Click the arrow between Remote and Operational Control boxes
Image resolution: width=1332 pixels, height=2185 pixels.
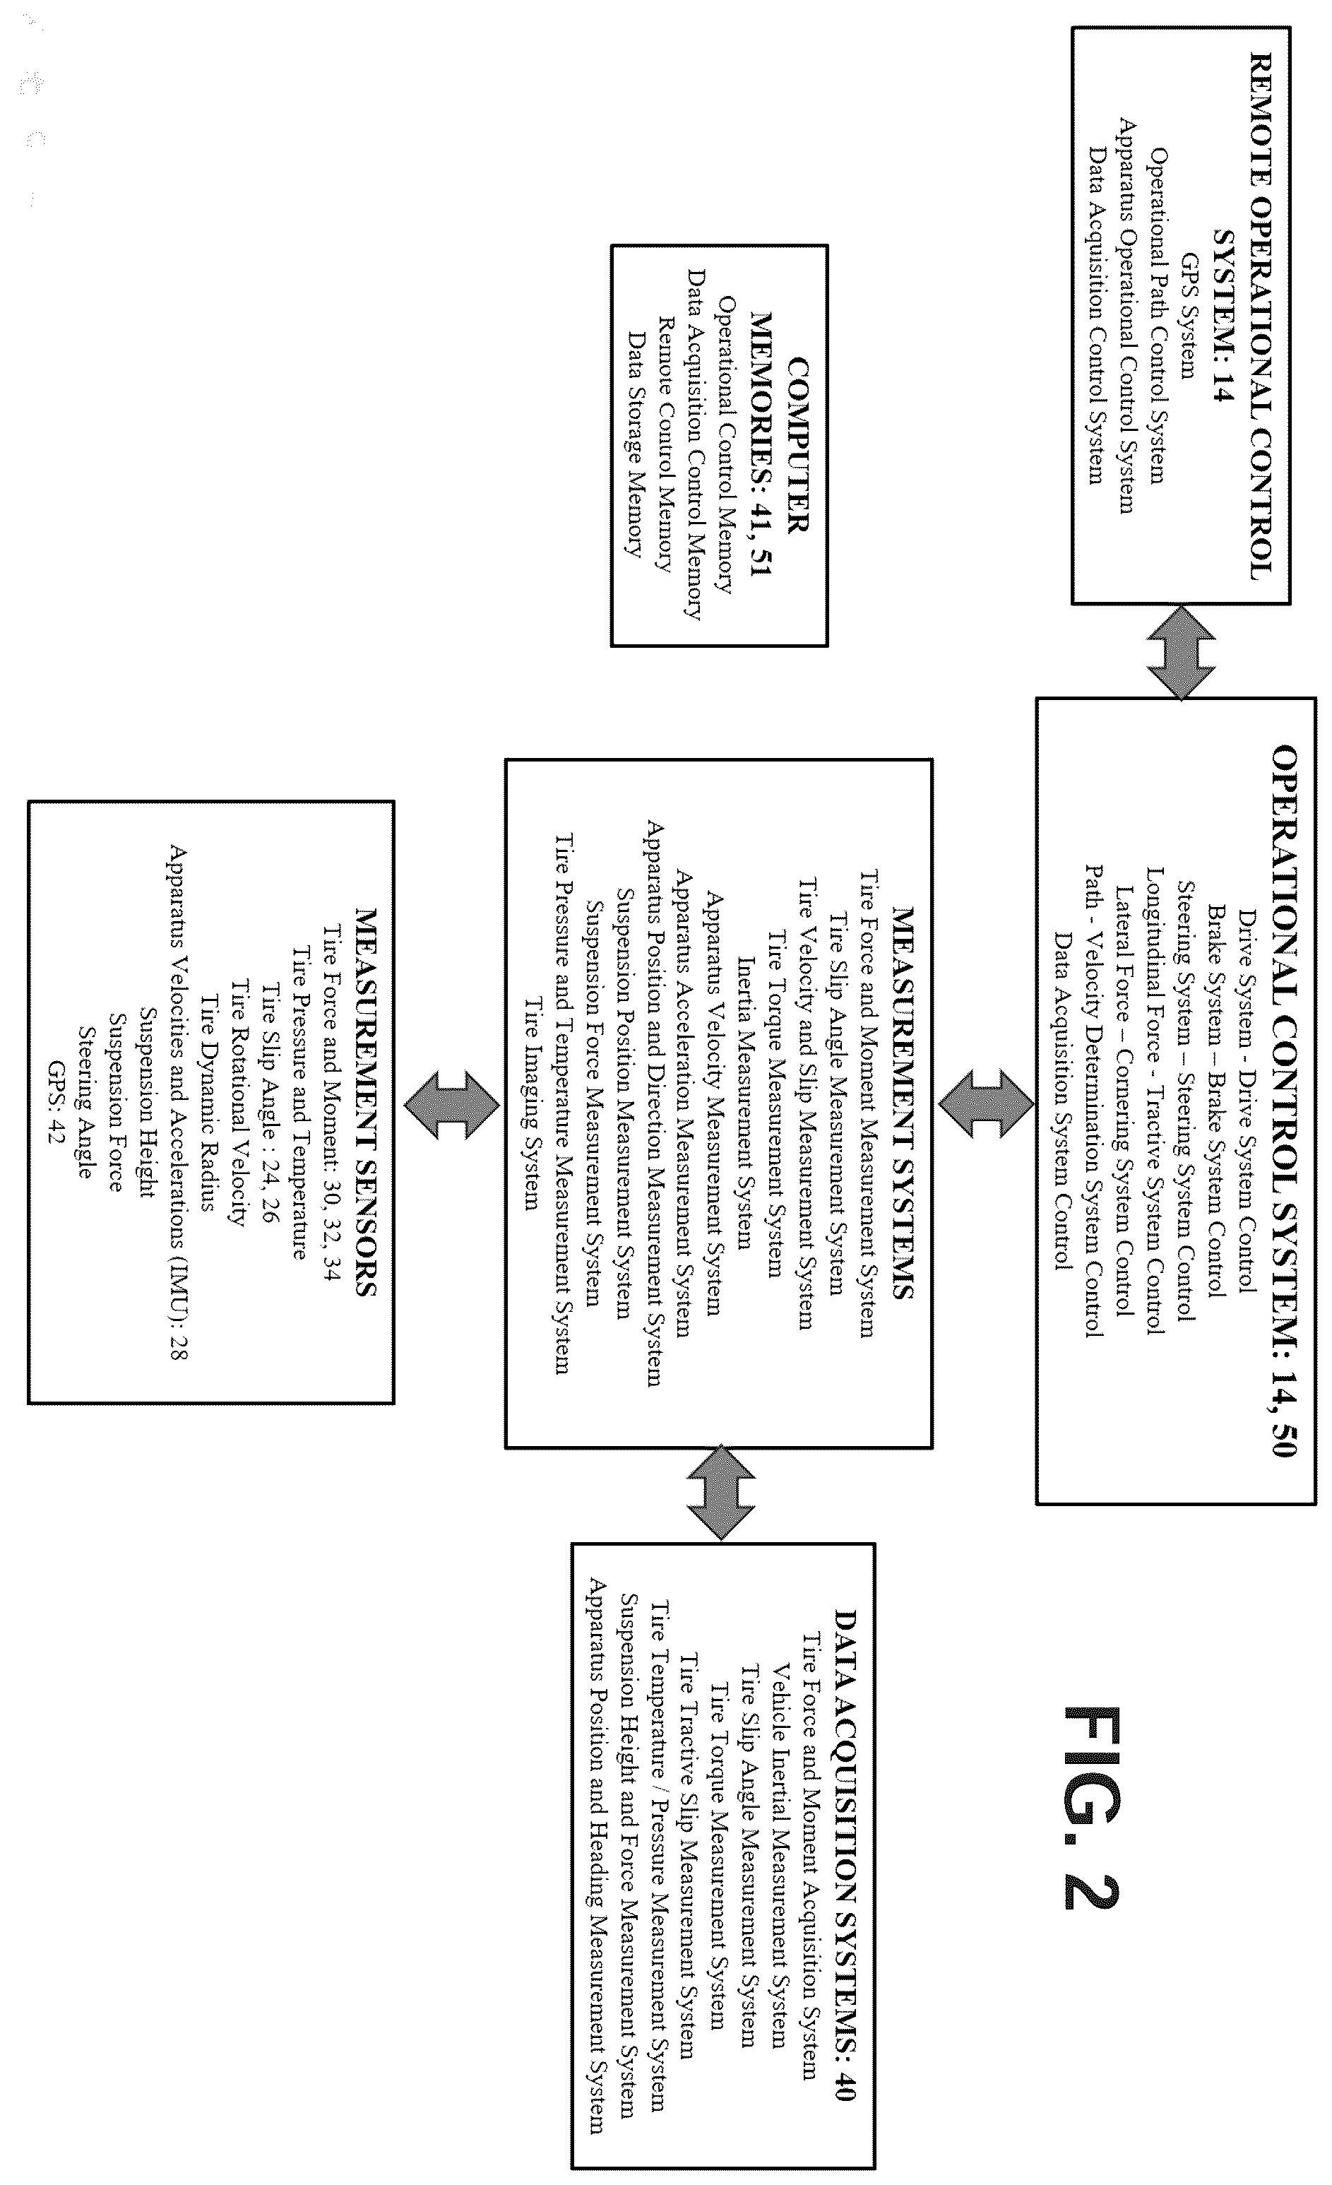[x=1180, y=652]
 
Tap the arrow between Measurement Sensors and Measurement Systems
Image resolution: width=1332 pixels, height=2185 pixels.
[x=451, y=1104]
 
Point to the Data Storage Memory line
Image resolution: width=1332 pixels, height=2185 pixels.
[x=634, y=444]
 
